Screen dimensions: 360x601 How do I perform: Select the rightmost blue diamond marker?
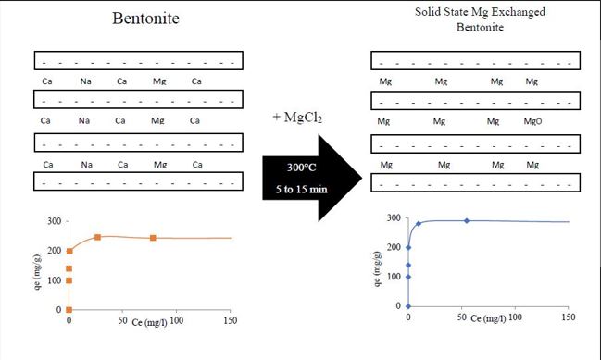point(467,220)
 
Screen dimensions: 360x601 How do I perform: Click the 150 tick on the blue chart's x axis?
point(567,317)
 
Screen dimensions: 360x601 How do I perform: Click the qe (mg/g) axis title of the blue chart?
point(380,266)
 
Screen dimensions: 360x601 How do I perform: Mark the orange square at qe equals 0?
point(69,309)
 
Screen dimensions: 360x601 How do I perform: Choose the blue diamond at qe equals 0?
point(408,305)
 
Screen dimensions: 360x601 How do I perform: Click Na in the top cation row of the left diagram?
point(85,81)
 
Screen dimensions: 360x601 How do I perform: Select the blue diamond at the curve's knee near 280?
point(419,224)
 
